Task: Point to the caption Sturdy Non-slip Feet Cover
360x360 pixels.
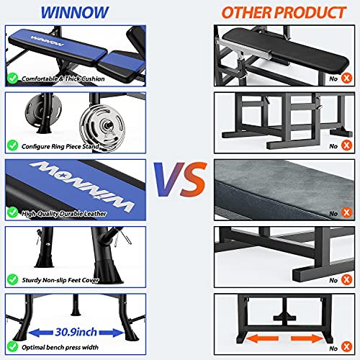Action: [x=64, y=279]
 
